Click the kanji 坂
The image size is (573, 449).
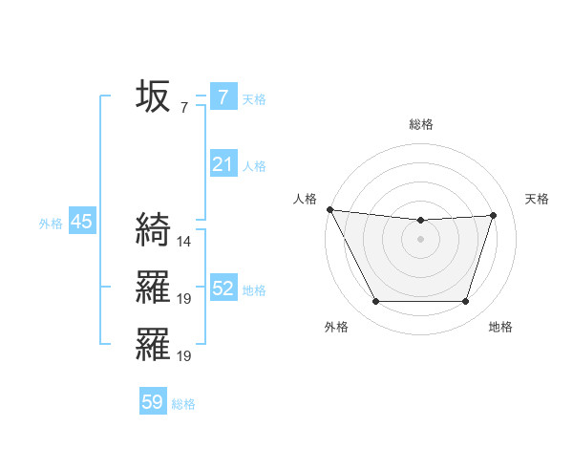pyautogui.click(x=153, y=96)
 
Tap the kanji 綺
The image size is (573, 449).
pyautogui.click(x=153, y=229)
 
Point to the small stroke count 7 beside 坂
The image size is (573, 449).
pyautogui.click(x=184, y=107)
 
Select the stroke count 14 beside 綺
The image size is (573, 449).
pyautogui.click(x=184, y=241)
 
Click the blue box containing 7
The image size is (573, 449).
pyautogui.click(x=223, y=96)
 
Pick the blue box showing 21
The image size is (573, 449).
pyautogui.click(x=223, y=164)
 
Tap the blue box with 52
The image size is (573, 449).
pyautogui.click(x=223, y=289)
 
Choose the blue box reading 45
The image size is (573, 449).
pyautogui.click(x=81, y=223)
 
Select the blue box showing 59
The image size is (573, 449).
pyautogui.click(x=153, y=402)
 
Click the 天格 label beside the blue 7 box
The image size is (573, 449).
pyautogui.click(x=254, y=98)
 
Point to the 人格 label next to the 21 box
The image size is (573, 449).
pyautogui.click(x=254, y=166)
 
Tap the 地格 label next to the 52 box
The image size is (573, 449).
pyautogui.click(x=254, y=290)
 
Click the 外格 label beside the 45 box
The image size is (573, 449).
pyautogui.click(x=51, y=224)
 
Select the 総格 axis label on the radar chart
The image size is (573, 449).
pyautogui.click(x=421, y=124)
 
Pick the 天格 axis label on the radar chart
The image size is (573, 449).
pyautogui.click(x=538, y=199)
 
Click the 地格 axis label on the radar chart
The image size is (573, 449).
pyautogui.click(x=500, y=327)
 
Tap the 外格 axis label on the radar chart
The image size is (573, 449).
pyautogui.click(x=336, y=327)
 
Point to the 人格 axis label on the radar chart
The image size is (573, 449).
pyautogui.click(x=305, y=199)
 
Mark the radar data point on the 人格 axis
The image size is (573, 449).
pyautogui.click(x=329, y=209)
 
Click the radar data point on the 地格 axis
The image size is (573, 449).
pyautogui.click(x=466, y=302)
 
